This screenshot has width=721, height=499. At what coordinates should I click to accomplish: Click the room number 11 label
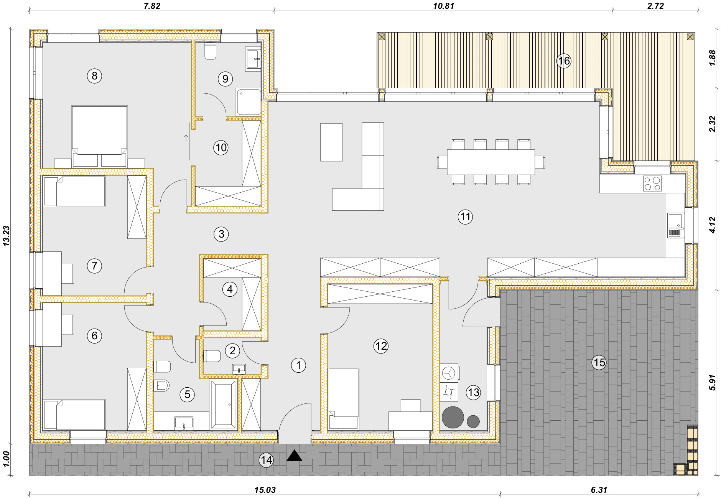(465, 217)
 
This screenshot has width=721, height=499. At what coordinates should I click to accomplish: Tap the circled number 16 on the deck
(564, 61)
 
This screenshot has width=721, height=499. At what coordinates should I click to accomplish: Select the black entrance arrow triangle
(295, 455)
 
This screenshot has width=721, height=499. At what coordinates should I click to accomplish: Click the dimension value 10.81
(444, 6)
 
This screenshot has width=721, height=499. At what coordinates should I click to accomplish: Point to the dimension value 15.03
(265, 490)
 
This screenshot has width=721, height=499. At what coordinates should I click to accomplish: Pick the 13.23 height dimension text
(6, 236)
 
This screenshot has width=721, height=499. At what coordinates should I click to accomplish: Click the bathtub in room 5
(223, 405)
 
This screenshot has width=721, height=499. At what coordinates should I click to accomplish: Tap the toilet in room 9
(210, 51)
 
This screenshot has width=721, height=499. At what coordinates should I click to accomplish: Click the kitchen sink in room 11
(676, 225)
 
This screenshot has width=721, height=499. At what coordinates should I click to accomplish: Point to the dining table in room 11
(491, 162)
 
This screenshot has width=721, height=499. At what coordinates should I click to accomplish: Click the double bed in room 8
(99, 137)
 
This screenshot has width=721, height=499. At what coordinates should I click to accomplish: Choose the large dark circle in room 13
(453, 417)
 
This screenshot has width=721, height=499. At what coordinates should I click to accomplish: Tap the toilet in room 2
(212, 356)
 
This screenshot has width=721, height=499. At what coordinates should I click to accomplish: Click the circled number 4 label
(230, 289)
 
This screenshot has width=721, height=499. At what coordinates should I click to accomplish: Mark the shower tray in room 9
(249, 102)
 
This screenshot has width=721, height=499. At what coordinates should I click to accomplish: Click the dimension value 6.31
(599, 490)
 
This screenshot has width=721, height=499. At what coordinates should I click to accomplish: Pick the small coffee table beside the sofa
(331, 142)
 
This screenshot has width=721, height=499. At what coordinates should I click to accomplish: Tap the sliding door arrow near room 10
(186, 138)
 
